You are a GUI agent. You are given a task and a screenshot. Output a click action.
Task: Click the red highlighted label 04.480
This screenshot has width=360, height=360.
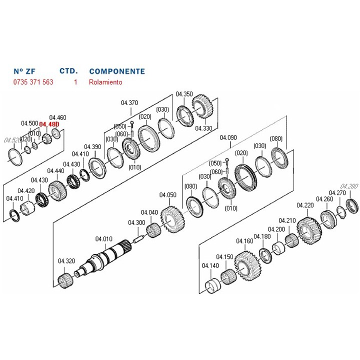[49, 123]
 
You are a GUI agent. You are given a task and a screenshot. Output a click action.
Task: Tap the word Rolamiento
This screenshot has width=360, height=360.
[105, 82]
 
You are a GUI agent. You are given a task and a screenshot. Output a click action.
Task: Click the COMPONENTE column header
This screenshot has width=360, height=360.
[116, 71]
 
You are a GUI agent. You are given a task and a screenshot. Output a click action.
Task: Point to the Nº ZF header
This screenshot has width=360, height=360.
[24, 71]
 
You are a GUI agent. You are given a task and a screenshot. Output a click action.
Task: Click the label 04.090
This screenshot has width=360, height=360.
[228, 136]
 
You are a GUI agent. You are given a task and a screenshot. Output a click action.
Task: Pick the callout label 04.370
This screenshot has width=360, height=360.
[129, 103]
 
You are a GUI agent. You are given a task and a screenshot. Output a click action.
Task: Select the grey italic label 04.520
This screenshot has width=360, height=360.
[12, 139]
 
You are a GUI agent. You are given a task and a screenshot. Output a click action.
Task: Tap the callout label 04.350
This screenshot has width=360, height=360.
[184, 94]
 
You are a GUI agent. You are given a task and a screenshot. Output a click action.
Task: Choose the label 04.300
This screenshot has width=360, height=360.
[136, 222]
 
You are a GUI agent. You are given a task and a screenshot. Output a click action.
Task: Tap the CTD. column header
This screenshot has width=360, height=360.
[68, 71]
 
